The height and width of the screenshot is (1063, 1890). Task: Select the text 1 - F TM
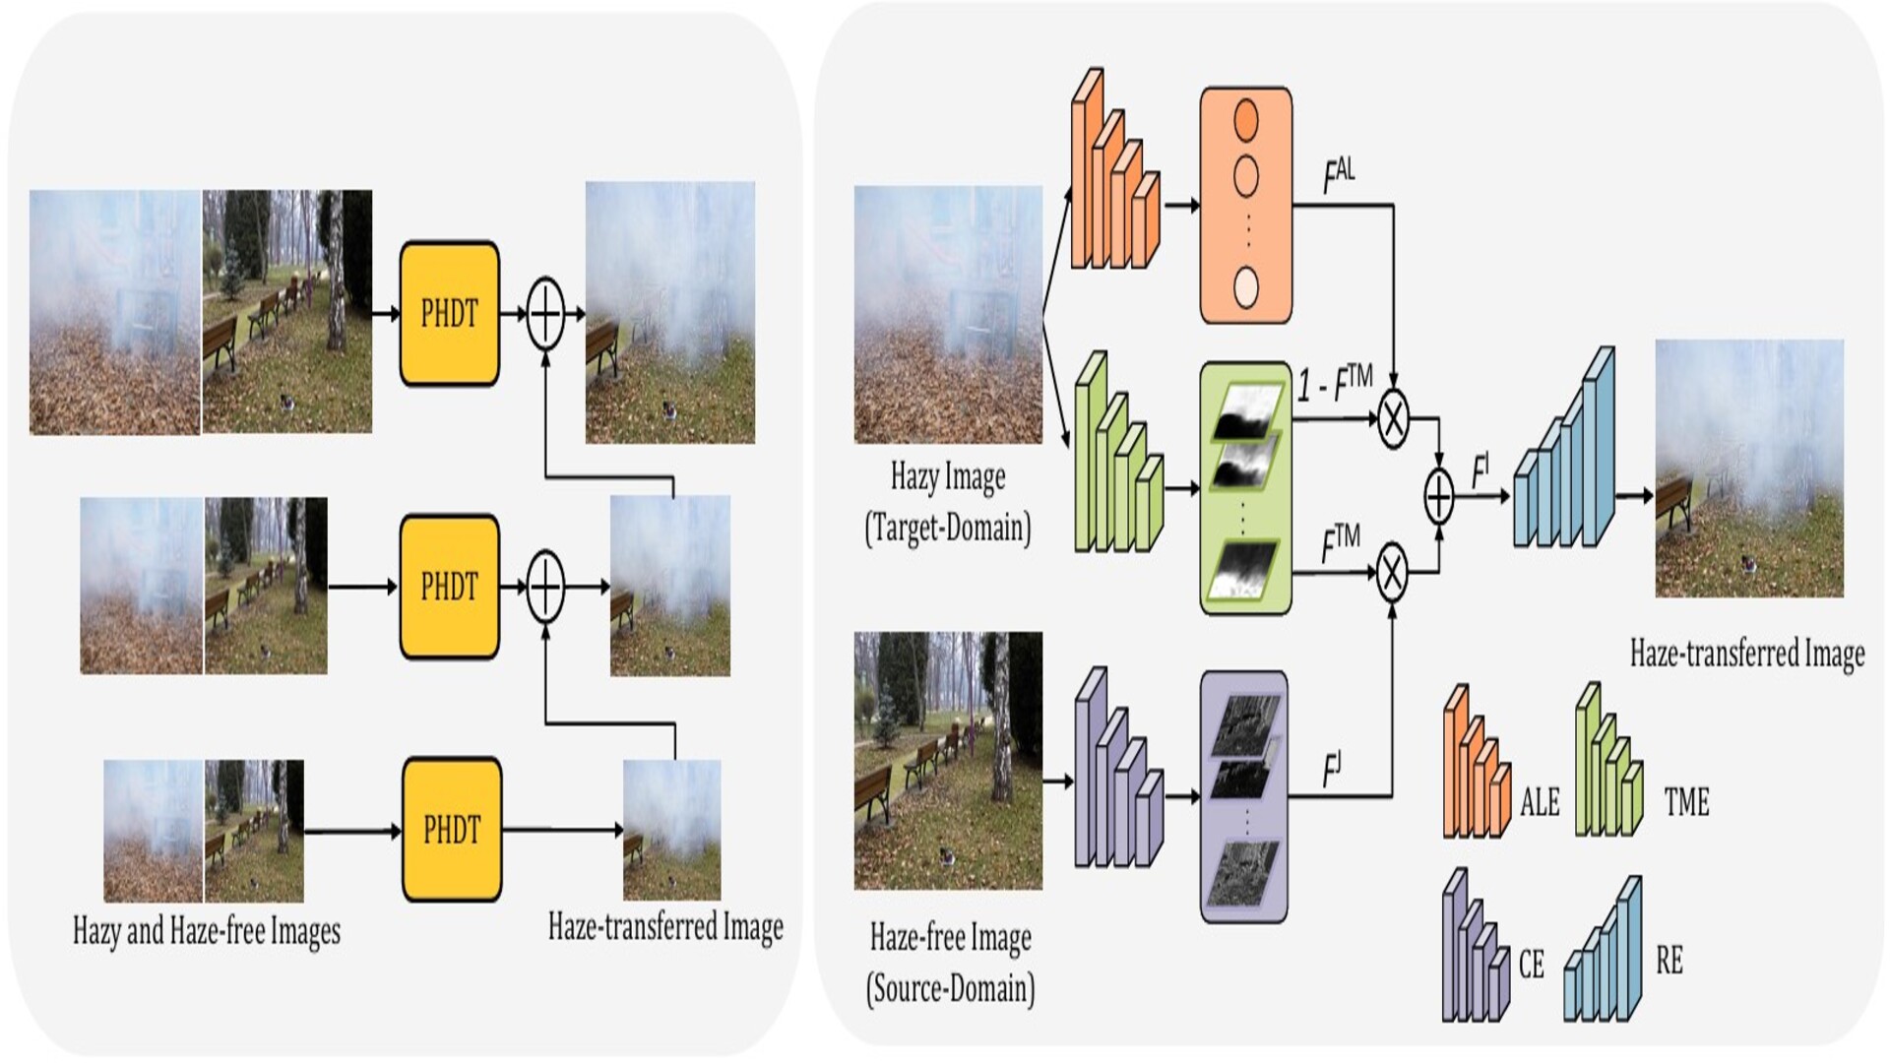pyautogui.click(x=1334, y=383)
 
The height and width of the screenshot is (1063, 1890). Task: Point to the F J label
pyautogui.click(x=1332, y=770)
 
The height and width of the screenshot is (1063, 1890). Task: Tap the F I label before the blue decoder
pyautogui.click(x=1480, y=469)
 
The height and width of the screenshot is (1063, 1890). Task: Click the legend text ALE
pyautogui.click(x=1540, y=802)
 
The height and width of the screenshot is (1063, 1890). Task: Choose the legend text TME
pyautogui.click(x=1686, y=802)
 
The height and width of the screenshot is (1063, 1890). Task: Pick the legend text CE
pyautogui.click(x=1531, y=964)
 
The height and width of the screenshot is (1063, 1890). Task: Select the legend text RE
pyautogui.click(x=1669, y=960)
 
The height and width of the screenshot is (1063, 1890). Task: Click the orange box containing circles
pyautogui.click(x=1245, y=205)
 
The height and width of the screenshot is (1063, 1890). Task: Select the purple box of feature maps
pyautogui.click(x=1244, y=796)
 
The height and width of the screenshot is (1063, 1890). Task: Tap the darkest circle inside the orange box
pyautogui.click(x=1246, y=118)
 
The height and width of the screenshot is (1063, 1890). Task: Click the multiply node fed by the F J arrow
pyautogui.click(x=1391, y=572)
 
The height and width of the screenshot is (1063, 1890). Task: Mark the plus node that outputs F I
pyautogui.click(x=1439, y=497)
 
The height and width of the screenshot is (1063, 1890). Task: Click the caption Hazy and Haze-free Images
pyautogui.click(x=207, y=930)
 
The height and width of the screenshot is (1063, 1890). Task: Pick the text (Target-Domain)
pyautogui.click(x=948, y=529)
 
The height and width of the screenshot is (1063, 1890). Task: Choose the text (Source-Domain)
pyautogui.click(x=950, y=988)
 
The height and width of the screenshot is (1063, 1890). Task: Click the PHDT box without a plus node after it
pyautogui.click(x=452, y=830)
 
